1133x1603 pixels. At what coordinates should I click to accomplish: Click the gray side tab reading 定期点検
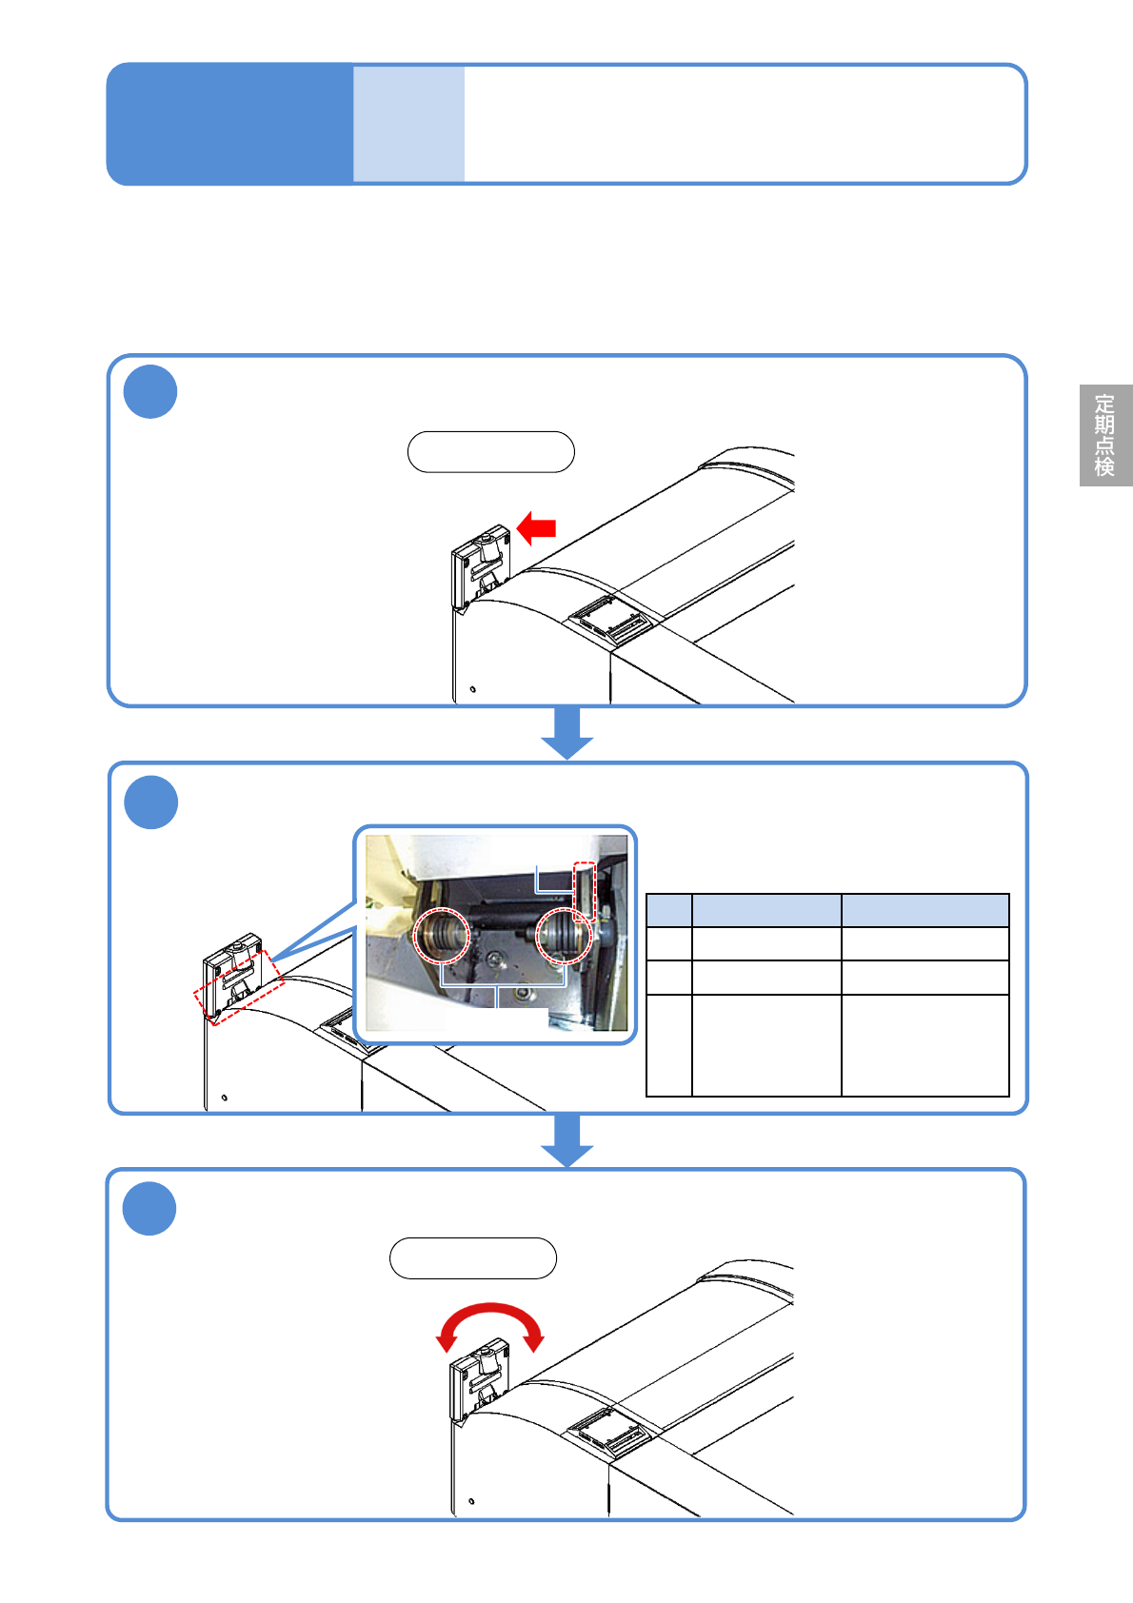[x=1105, y=435]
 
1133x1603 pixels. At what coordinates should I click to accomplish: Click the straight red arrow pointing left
[x=536, y=528]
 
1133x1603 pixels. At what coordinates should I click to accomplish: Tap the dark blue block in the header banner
[x=229, y=124]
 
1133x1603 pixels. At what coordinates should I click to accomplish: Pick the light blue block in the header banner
[x=408, y=124]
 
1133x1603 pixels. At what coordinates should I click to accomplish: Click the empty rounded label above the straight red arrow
[x=491, y=451]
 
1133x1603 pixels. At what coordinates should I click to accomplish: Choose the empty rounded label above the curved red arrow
[x=473, y=1258]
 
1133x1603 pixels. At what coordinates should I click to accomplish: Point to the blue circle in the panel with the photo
[x=151, y=802]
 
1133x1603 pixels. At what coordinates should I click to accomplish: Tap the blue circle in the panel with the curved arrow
[x=149, y=1208]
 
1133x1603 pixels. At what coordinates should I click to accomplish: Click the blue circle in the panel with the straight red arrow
[x=150, y=391]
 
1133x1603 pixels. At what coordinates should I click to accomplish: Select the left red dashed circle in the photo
[x=442, y=935]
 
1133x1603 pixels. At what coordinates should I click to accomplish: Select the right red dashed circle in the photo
[x=564, y=935]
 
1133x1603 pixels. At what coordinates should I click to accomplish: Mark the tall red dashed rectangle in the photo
[x=585, y=892]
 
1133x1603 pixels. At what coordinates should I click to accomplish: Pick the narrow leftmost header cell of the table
[x=669, y=910]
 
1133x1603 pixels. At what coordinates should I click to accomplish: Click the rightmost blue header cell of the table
[x=925, y=910]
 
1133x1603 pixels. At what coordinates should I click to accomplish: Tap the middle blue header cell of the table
[x=766, y=910]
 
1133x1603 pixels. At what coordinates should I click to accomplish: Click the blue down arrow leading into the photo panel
[x=566, y=733]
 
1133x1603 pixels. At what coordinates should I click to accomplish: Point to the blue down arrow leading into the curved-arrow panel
[x=566, y=1140]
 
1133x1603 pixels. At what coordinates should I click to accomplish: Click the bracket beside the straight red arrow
[x=480, y=566]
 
